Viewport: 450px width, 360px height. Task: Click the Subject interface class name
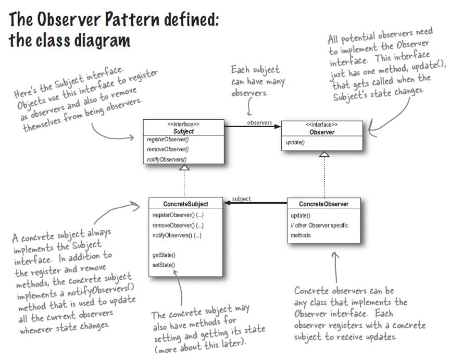click(184, 132)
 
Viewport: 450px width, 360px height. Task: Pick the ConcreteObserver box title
click(323, 204)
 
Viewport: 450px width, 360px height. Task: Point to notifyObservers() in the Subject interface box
click(167, 159)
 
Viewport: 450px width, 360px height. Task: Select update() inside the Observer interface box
click(295, 142)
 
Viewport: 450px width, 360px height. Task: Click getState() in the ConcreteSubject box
click(164, 255)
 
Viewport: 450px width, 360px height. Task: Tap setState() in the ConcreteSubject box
click(164, 265)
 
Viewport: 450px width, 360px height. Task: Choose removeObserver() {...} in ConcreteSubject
click(178, 226)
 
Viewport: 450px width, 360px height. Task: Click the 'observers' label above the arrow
click(259, 123)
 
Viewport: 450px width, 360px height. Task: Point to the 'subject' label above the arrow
click(241, 198)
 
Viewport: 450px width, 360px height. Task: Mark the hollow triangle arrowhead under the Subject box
click(184, 168)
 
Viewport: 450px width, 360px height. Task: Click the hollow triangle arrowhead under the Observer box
click(324, 154)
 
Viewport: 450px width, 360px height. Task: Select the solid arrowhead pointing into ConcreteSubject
click(228, 204)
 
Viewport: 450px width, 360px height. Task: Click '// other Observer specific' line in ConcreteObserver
click(319, 226)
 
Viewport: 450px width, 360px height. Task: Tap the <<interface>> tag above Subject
click(184, 125)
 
